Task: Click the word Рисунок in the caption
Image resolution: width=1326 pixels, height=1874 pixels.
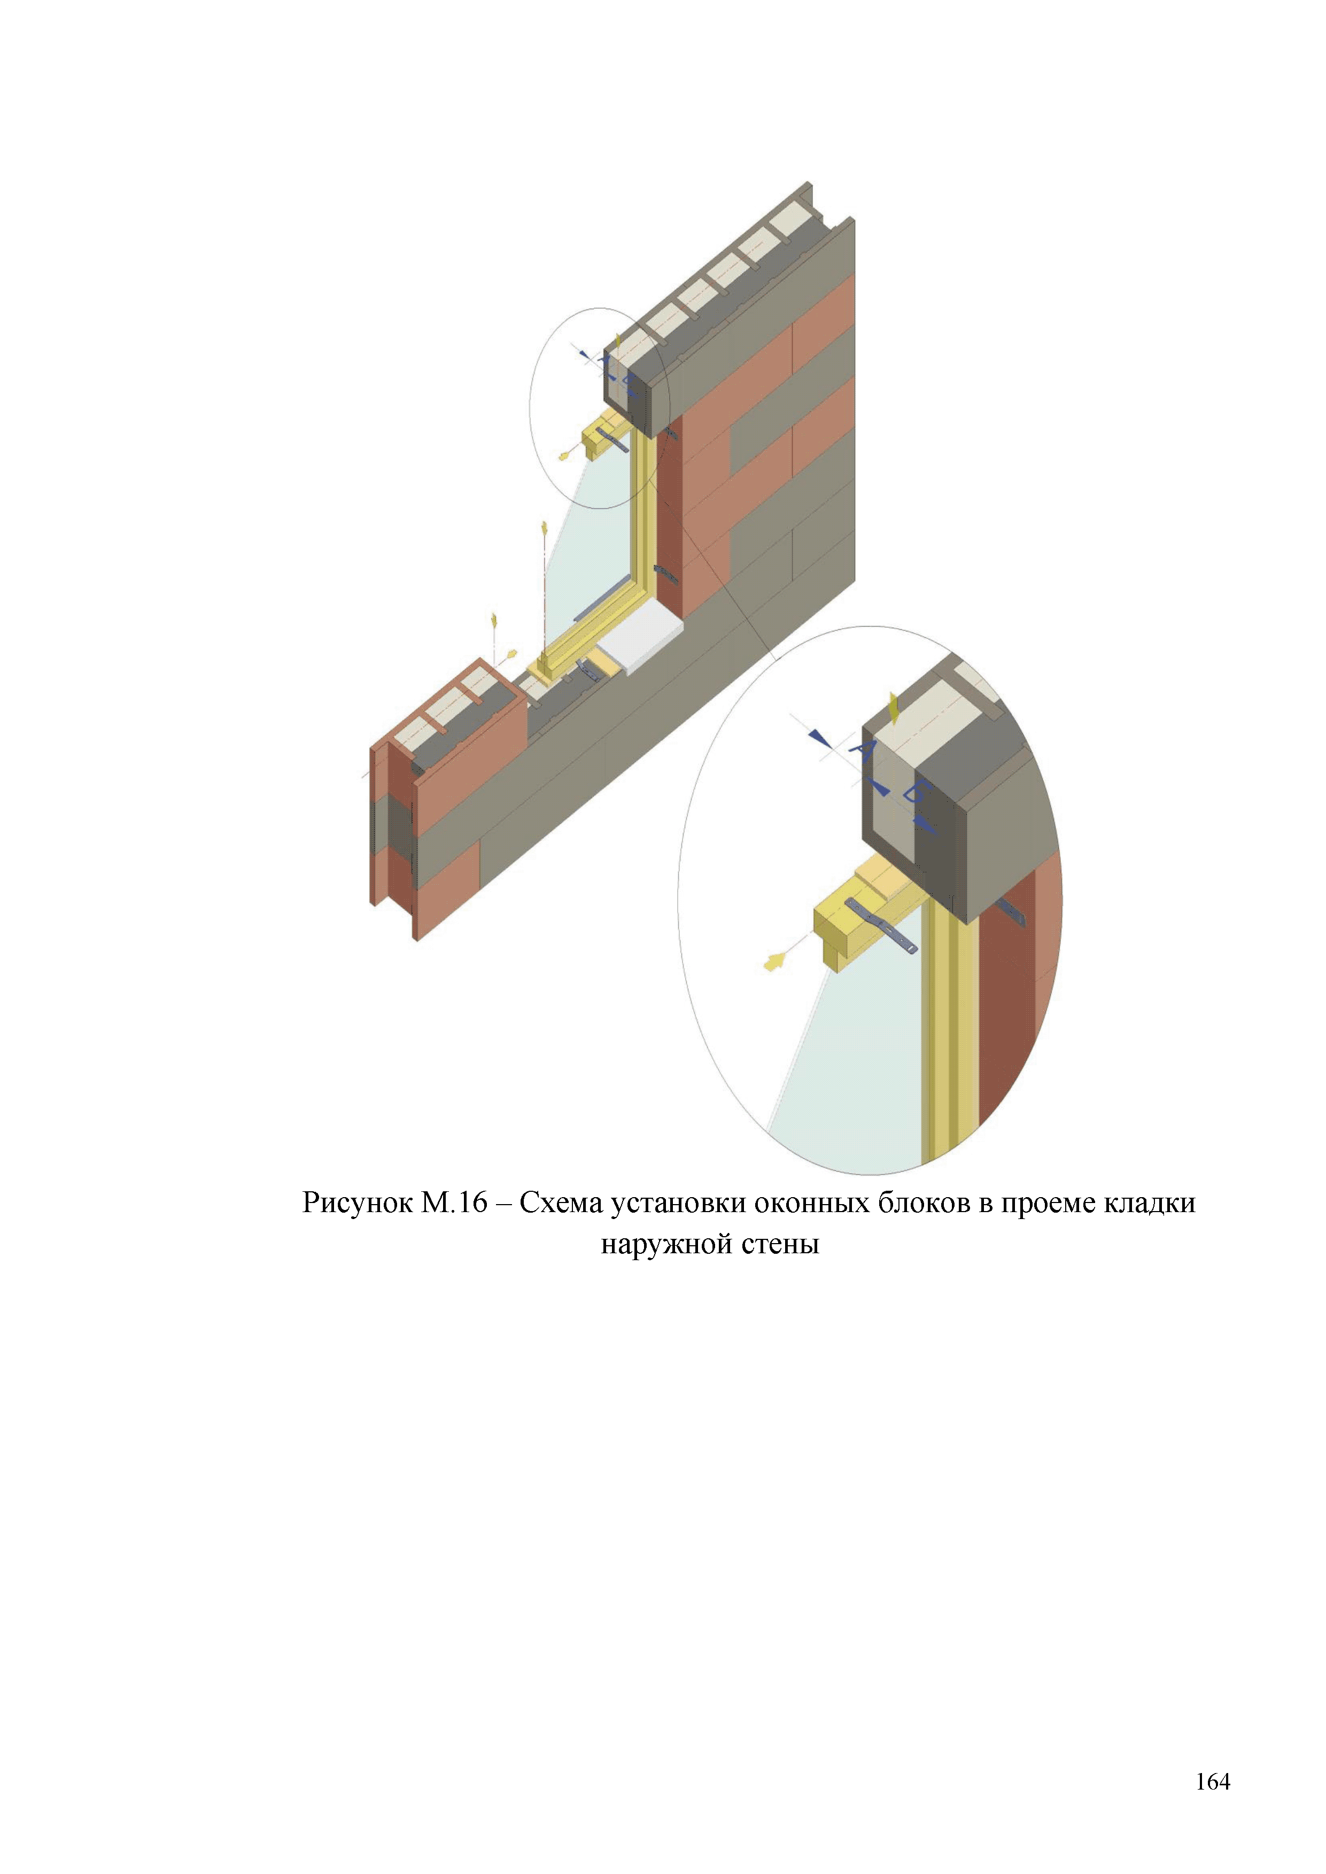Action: (358, 1203)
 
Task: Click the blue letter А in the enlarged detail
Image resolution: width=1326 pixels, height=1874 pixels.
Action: (862, 749)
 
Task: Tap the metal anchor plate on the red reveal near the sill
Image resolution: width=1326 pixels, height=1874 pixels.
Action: (665, 574)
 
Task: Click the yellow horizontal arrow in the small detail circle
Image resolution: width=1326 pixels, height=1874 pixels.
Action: (566, 453)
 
